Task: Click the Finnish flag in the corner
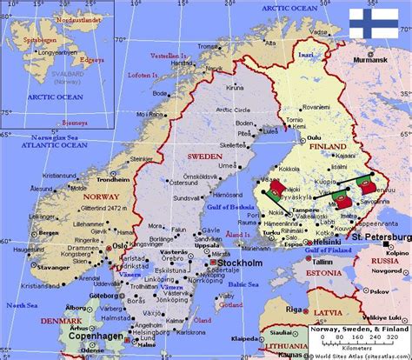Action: tap(375, 25)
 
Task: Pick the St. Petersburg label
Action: tap(382, 237)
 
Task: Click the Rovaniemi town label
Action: tap(296, 104)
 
